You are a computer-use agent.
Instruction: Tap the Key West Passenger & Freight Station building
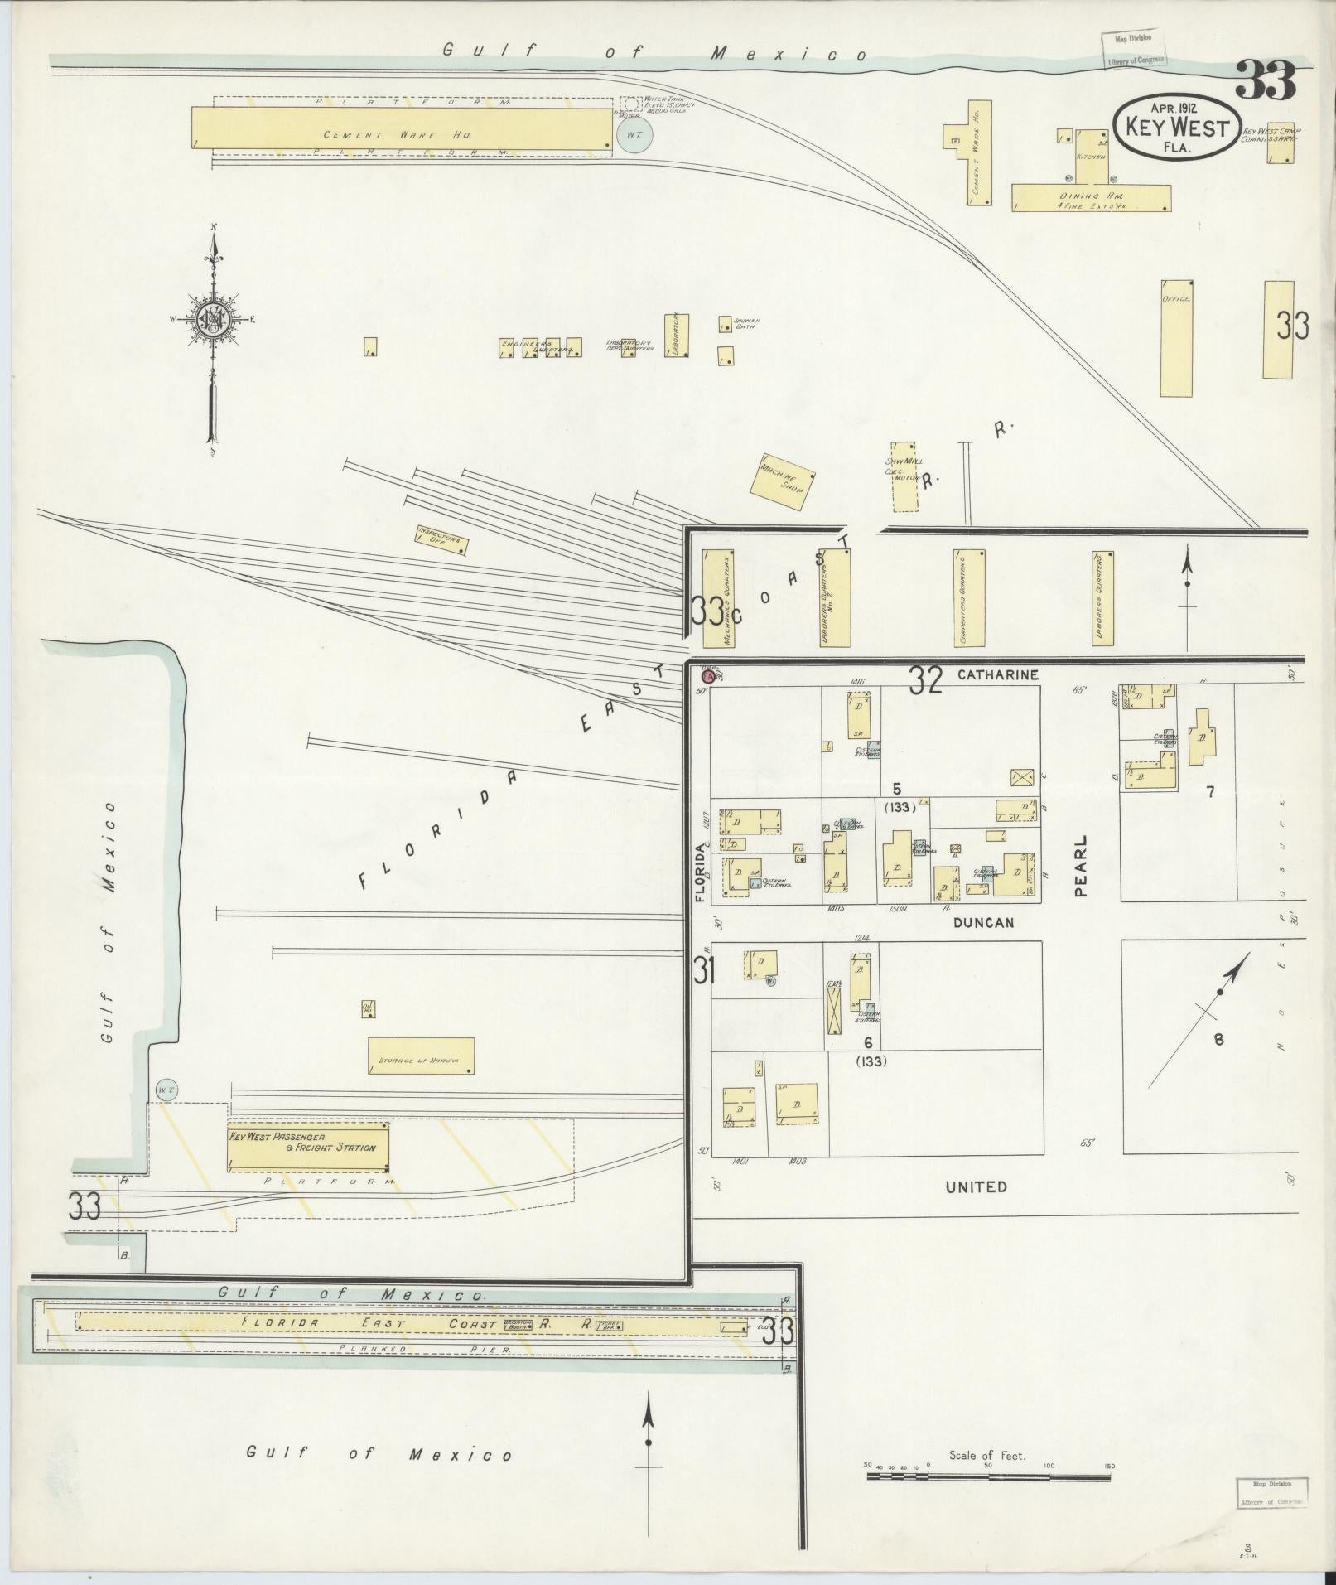(307, 1147)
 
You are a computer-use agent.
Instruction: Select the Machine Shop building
(784, 481)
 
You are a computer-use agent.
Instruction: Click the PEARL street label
(1081, 866)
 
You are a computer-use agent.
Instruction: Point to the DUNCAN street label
(983, 922)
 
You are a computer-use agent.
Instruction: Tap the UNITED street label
(977, 1186)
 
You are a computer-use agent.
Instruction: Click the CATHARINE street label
(997, 674)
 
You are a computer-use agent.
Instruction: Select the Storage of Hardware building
(421, 1056)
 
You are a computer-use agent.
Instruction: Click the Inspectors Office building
(441, 539)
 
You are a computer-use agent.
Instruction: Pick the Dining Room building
(1092, 197)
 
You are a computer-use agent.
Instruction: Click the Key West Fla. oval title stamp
(1176, 127)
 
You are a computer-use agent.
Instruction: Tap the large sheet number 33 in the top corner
(1265, 81)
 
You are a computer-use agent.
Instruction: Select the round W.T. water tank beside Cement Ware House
(635, 136)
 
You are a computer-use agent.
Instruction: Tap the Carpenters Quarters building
(968, 597)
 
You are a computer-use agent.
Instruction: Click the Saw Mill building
(903, 476)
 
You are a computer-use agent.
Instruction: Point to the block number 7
(1209, 791)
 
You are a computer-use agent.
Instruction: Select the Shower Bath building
(725, 324)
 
